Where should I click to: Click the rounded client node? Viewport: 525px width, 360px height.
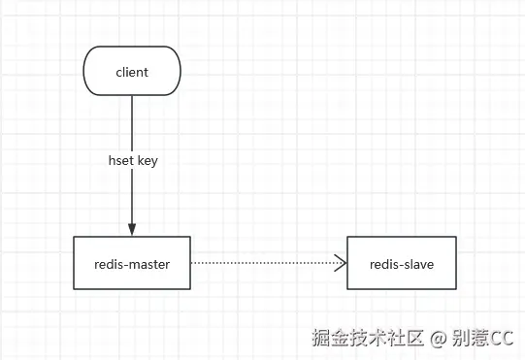(x=132, y=72)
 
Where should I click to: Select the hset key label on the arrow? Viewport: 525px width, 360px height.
(x=132, y=161)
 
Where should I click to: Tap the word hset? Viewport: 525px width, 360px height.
(x=119, y=161)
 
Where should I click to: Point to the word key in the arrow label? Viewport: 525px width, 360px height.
(x=147, y=161)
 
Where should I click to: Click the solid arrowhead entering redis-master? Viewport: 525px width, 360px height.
(x=132, y=228)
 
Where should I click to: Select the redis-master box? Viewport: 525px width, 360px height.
(x=132, y=263)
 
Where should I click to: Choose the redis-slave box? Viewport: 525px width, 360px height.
(x=402, y=263)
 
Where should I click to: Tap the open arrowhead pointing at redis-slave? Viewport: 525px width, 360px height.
(x=341, y=263)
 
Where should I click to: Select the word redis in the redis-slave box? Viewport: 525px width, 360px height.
(x=384, y=264)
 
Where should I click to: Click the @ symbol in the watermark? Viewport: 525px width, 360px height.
(x=438, y=338)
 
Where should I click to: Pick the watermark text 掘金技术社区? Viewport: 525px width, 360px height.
(x=369, y=338)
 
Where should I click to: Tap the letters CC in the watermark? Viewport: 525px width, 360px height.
(x=502, y=338)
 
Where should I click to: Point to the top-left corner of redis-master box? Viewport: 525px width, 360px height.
(x=75, y=237)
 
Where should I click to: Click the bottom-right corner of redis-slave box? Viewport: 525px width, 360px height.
(x=456, y=289)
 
